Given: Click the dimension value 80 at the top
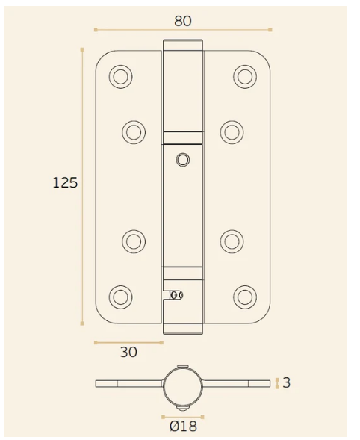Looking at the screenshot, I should pos(183,21).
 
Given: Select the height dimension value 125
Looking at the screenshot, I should pos(65,182).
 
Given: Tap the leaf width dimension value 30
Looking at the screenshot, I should pos(128,353).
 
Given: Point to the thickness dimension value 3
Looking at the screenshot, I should pos(287,383).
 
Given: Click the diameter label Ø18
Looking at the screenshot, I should pos(183,427).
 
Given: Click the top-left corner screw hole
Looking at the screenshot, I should pos(120,76).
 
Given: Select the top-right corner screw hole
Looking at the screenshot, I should pos(245,76).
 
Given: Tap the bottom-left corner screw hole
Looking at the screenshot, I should pos(120,297).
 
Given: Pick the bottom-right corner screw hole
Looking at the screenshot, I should pos(245,297).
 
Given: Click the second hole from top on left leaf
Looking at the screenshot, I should pos(134,132).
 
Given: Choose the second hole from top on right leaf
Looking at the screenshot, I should pos(232,132).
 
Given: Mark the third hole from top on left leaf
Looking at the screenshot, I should pos(134,241).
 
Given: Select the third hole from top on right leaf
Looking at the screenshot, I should pos(232,241).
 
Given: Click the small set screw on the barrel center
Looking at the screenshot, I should pos(183,159).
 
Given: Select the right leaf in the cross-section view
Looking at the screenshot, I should pos(237,383).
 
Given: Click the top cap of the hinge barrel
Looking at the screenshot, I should pos(183,45).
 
